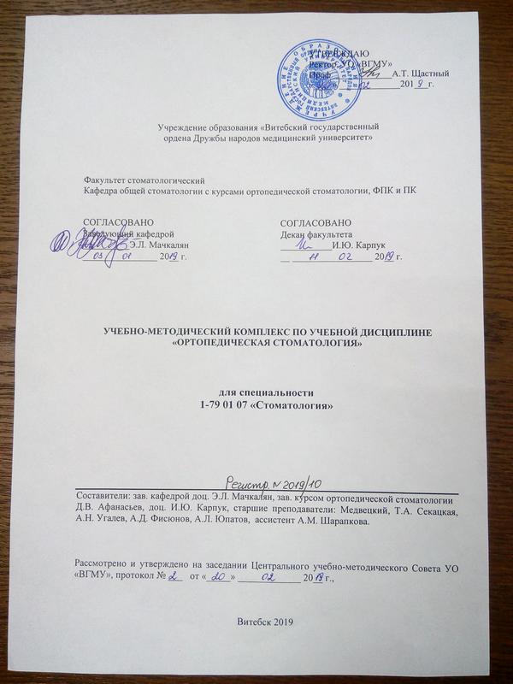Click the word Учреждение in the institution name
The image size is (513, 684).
tap(183, 128)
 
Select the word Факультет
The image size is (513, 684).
tap(104, 180)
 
